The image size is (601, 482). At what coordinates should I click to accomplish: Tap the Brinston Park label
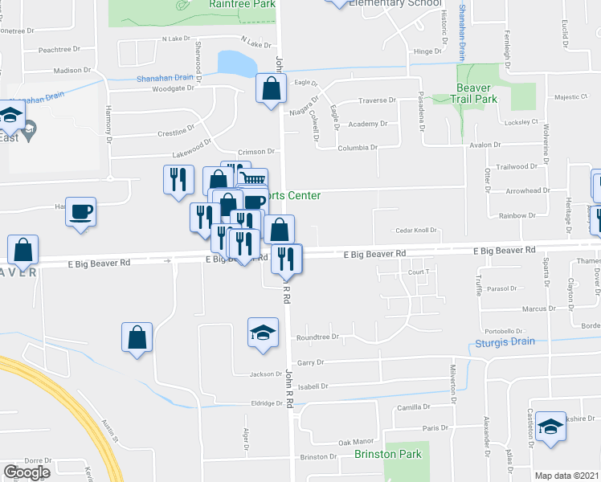387,454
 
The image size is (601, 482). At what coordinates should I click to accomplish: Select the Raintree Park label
242,4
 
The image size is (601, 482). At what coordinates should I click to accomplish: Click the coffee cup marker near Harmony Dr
80,212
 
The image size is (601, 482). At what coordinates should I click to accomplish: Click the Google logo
27,472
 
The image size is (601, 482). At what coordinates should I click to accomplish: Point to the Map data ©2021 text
567,476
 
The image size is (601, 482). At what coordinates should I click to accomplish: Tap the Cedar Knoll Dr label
415,231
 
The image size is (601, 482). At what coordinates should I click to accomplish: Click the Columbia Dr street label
357,148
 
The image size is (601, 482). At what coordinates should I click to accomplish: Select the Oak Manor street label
356,442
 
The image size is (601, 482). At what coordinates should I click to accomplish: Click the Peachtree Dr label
55,50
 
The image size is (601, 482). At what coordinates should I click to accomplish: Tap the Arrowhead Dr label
517,191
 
